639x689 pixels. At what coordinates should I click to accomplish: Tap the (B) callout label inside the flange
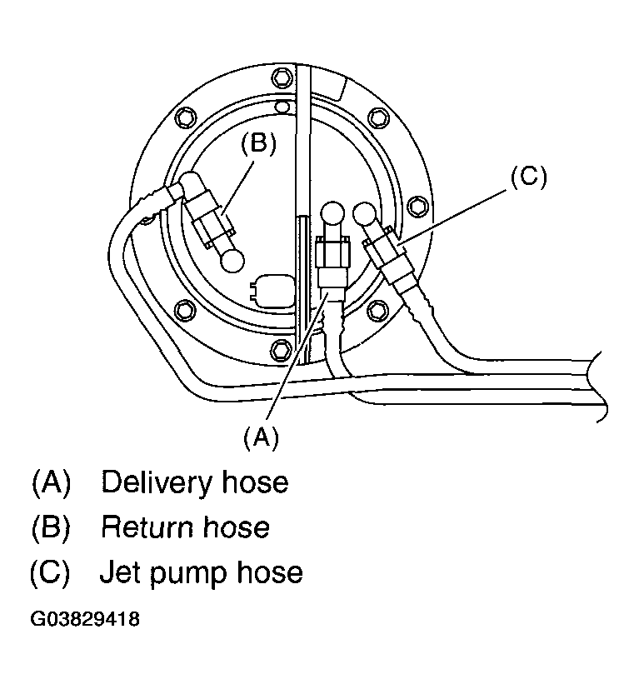[x=257, y=144]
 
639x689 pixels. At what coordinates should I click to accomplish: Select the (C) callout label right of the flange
[x=527, y=177]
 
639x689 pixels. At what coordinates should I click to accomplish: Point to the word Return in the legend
[x=147, y=527]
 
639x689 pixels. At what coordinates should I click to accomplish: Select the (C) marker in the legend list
[x=51, y=572]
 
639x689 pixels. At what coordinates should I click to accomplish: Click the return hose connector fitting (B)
[x=213, y=227]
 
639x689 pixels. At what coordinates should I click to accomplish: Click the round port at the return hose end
[x=231, y=260]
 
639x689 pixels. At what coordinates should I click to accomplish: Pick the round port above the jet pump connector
[x=365, y=215]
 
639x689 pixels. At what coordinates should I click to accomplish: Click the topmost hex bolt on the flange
[x=282, y=77]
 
